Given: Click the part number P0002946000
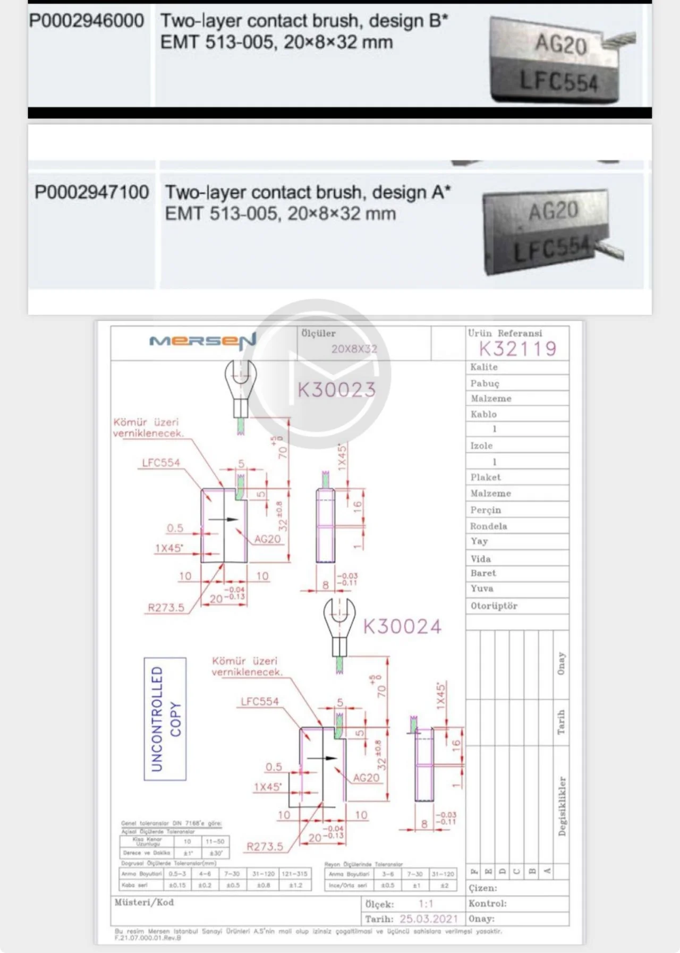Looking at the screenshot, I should coord(87,21).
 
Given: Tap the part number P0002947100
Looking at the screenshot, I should coord(91,192).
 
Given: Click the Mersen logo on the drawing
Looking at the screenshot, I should coord(202,342).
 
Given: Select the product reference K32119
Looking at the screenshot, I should coord(517,349).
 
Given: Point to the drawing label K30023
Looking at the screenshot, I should coord(336,390).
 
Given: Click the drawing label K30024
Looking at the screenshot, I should coord(402,627).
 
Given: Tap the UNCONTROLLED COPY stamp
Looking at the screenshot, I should coord(165,719).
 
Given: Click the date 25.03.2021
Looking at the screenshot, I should coord(429,919).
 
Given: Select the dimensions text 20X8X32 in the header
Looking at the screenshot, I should coord(354,349).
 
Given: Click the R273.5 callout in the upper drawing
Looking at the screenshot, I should coord(166,608).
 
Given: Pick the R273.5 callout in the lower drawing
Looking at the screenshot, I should coord(265,847).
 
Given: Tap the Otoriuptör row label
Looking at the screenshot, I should coord(494,606).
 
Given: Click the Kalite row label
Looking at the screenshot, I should coord(484,367).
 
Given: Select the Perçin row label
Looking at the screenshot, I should coord(486,510).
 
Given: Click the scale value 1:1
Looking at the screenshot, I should coord(426,904).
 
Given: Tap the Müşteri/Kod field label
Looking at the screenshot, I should coord(144,902).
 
